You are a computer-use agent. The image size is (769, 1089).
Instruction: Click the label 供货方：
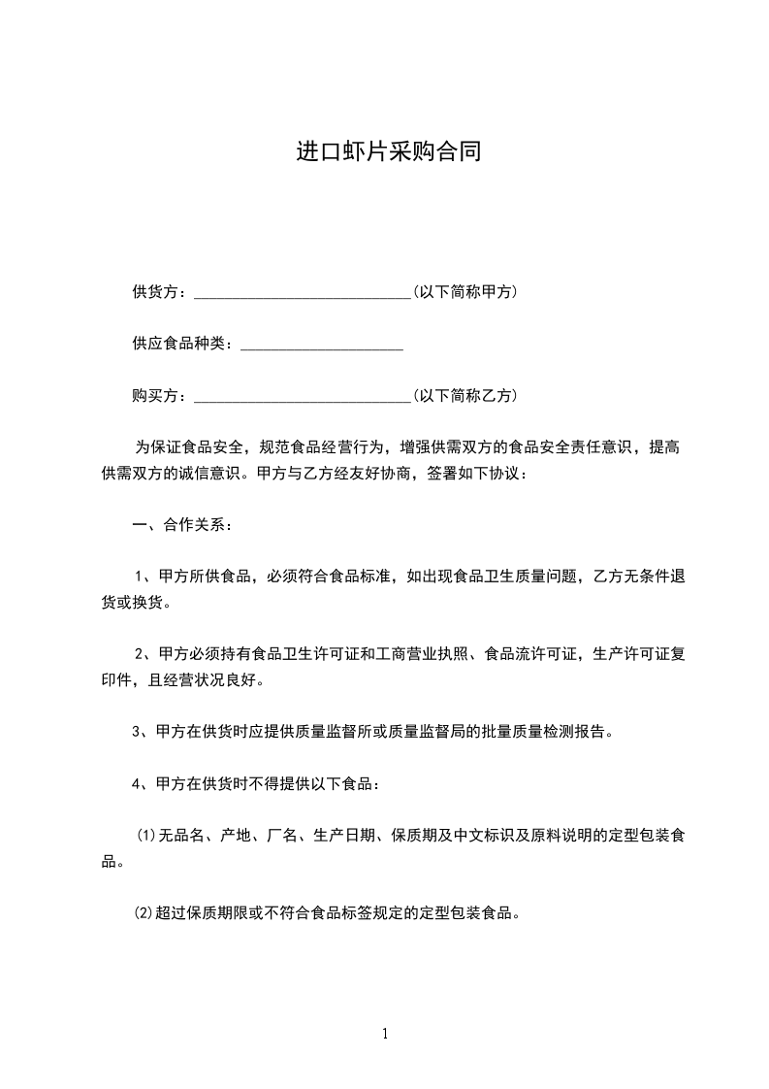point(162,291)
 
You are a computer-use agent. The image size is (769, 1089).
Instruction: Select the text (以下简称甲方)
point(465,291)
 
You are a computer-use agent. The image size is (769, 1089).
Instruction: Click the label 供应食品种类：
point(184,344)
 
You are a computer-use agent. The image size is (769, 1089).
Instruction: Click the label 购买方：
point(162,396)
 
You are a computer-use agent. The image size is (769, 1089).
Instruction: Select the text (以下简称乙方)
point(465,396)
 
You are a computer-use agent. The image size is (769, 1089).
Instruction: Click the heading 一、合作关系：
point(181,526)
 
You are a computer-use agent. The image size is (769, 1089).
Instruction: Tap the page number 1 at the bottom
point(385,1034)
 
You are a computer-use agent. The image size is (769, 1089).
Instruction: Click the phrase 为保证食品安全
point(188,448)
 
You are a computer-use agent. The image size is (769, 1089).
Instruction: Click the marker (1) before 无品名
point(145,836)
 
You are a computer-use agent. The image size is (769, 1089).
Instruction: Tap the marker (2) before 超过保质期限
point(145,913)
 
